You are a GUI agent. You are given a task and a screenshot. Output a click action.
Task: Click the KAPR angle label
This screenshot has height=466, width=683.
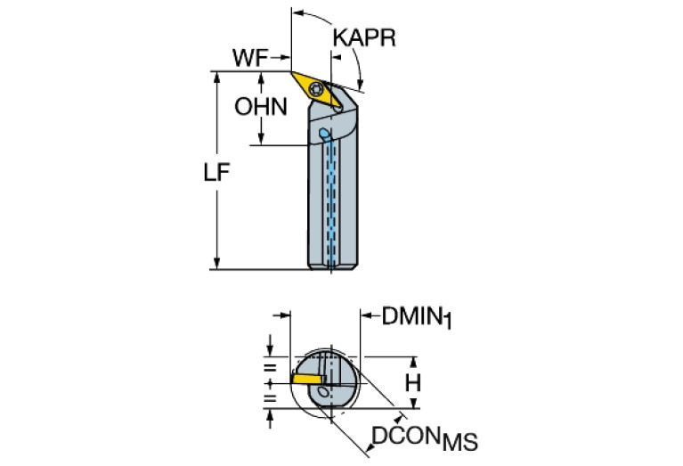pyautogui.click(x=362, y=38)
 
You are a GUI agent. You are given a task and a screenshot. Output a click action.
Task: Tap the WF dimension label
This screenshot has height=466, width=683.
pyautogui.click(x=250, y=57)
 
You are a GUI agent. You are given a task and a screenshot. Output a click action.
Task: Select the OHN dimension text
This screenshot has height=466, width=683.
pyautogui.click(x=261, y=107)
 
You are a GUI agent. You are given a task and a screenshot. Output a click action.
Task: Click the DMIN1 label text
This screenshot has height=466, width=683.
pyautogui.click(x=418, y=316)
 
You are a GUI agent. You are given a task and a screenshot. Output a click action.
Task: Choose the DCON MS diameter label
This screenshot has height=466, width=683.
pyautogui.click(x=423, y=438)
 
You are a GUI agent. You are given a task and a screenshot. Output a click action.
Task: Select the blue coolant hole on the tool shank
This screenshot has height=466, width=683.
pyautogui.click(x=324, y=135)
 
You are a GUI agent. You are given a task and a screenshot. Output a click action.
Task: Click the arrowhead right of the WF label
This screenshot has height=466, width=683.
pyautogui.click(x=285, y=59)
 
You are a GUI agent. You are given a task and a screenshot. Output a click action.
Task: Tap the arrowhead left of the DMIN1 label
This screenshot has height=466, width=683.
pyautogui.click(x=366, y=314)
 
